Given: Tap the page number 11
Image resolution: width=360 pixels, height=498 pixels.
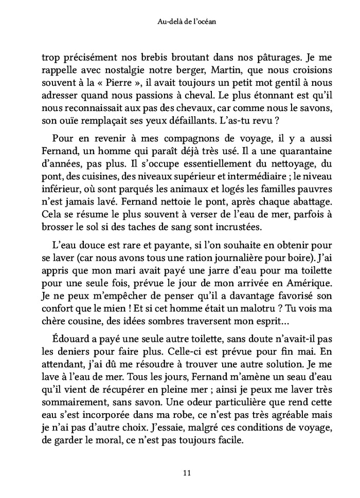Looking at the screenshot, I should pos(179,472).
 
